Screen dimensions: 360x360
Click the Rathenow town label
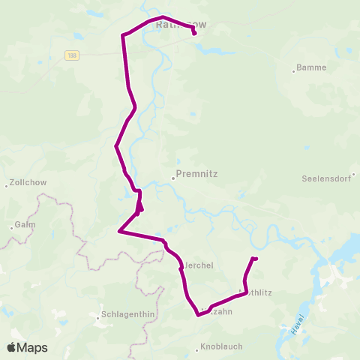tap(181, 25)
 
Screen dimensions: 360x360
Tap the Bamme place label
tap(311, 67)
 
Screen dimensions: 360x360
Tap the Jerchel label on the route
tap(199, 266)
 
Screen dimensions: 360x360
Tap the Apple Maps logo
tap(27, 347)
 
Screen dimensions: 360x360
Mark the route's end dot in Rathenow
tap(194, 33)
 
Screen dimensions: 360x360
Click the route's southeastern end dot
tap(256, 259)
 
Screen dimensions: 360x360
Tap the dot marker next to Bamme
tap(293, 72)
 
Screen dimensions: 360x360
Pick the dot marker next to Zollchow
tap(7, 184)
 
